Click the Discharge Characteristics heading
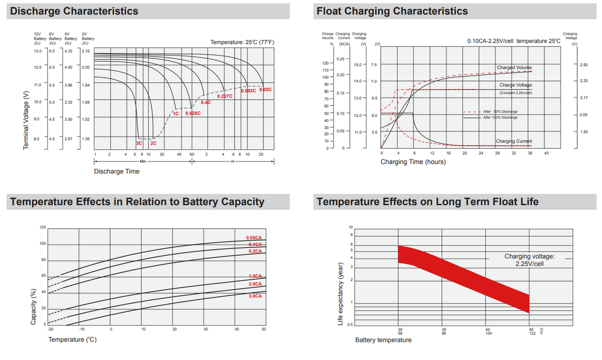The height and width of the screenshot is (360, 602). (74, 11)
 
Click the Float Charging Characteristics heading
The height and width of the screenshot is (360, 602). (392, 11)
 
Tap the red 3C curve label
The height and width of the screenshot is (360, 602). (139, 143)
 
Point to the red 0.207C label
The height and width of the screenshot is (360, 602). (225, 96)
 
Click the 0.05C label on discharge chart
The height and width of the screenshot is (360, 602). (266, 90)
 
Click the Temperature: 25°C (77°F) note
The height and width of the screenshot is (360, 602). (242, 43)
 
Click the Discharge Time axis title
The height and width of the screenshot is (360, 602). (117, 172)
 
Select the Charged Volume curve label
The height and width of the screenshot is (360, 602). (514, 67)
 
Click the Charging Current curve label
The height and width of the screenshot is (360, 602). (514, 141)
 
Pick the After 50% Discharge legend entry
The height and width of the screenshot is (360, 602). (500, 112)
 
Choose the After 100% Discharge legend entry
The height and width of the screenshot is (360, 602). (500, 118)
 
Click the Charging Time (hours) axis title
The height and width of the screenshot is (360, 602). (406, 162)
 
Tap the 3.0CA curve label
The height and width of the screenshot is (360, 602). (255, 296)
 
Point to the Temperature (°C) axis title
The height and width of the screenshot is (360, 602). (72, 340)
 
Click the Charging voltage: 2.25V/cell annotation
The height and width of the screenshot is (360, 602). (530, 260)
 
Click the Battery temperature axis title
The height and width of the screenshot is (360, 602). (383, 340)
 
